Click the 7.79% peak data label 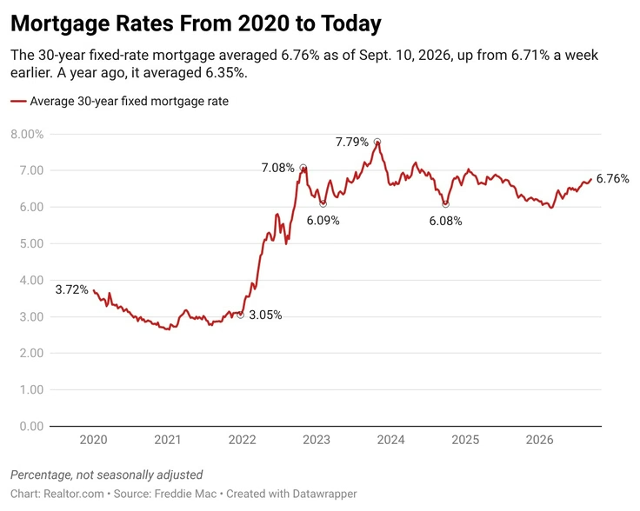[352, 142]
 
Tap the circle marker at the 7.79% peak [377, 142]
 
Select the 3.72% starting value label [72, 289]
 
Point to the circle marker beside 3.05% [240, 315]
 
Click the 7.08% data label [278, 168]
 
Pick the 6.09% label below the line [323, 221]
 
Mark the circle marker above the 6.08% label [445, 204]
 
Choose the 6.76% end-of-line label [613, 179]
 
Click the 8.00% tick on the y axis [27, 134]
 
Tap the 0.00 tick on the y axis [31, 426]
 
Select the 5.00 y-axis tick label [31, 243]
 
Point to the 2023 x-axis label [317, 440]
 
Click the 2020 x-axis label [93, 440]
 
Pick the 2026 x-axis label [540, 440]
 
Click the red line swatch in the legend [18, 101]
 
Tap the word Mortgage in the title [60, 24]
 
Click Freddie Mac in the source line [185, 494]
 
